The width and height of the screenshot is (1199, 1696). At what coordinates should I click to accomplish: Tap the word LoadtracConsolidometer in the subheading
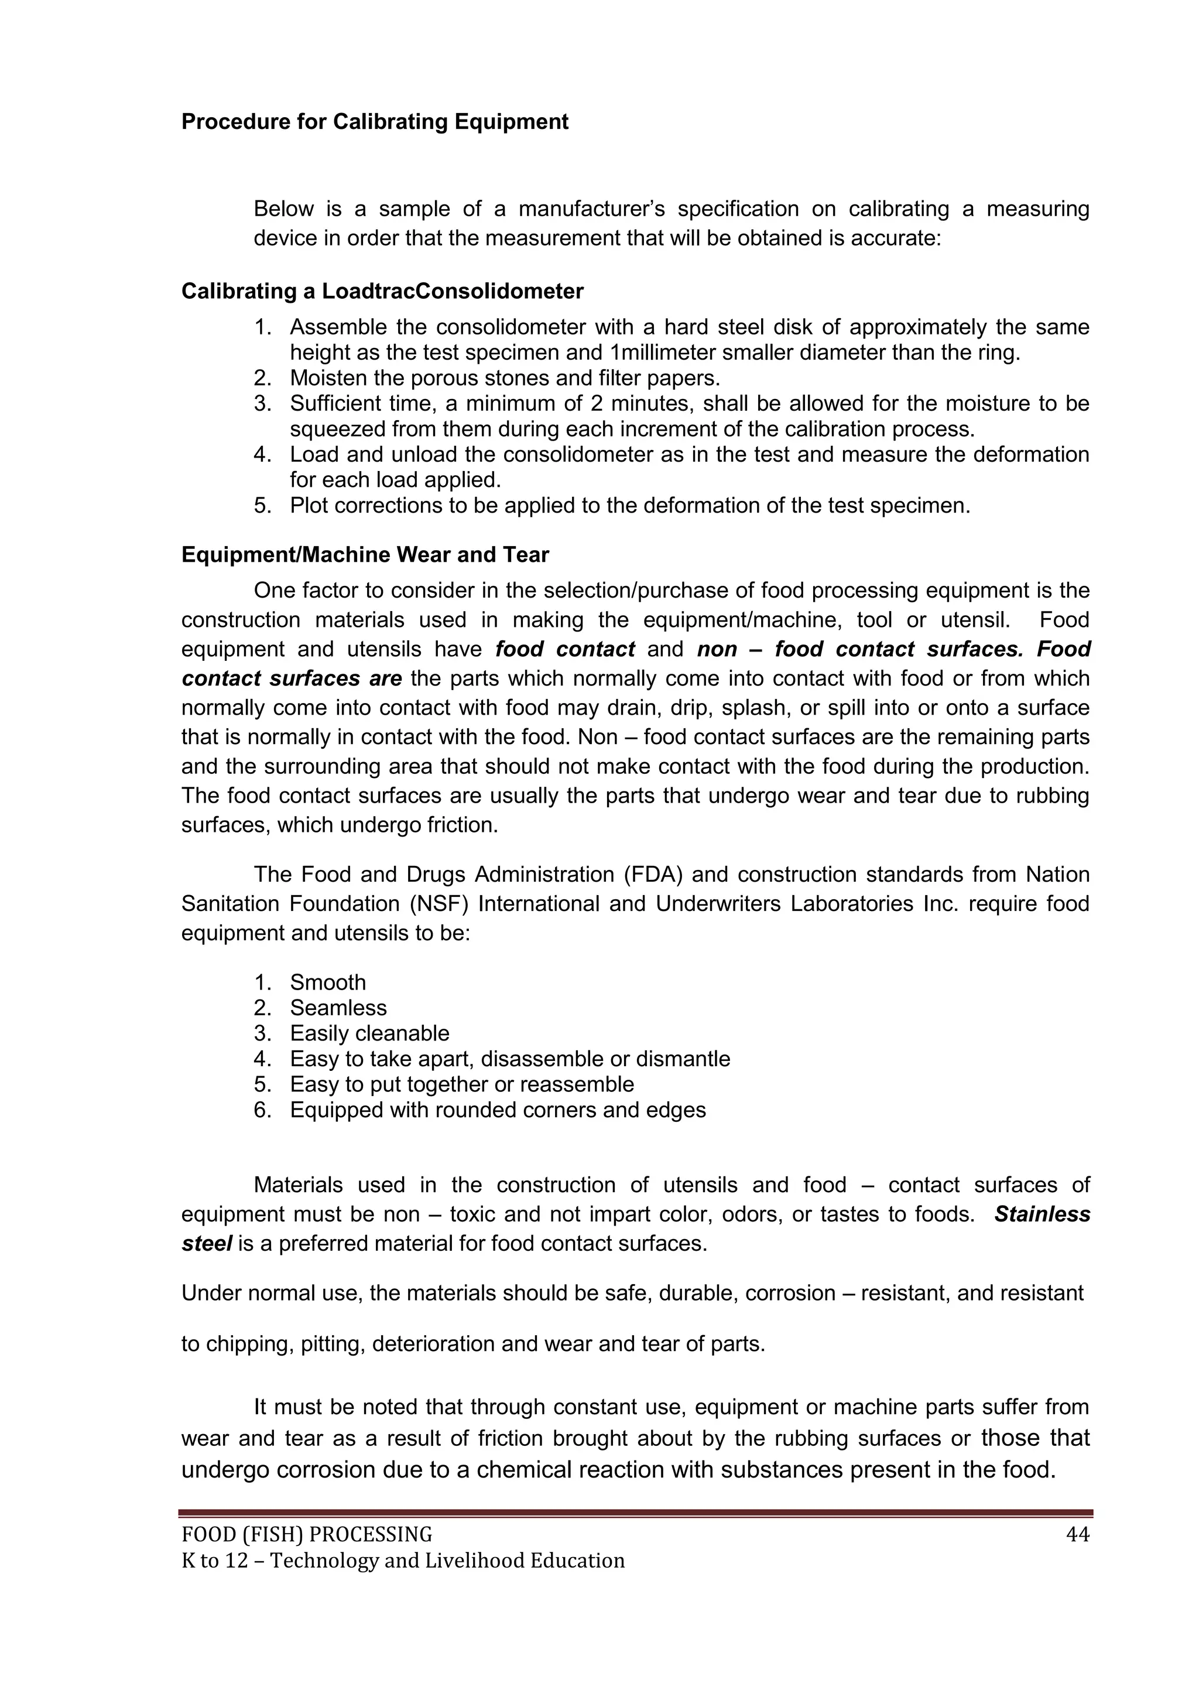452,292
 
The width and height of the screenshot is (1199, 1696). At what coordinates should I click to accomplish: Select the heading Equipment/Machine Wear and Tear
365,555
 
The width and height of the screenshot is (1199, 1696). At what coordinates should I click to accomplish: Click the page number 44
1077,1535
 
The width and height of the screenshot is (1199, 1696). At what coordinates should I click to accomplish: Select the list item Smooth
327,982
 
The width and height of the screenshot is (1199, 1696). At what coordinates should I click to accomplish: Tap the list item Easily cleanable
369,1033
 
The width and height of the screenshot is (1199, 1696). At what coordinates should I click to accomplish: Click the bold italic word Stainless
1042,1214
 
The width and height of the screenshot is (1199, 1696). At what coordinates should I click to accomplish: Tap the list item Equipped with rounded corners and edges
497,1110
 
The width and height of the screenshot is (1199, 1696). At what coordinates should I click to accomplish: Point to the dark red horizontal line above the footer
635,1513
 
